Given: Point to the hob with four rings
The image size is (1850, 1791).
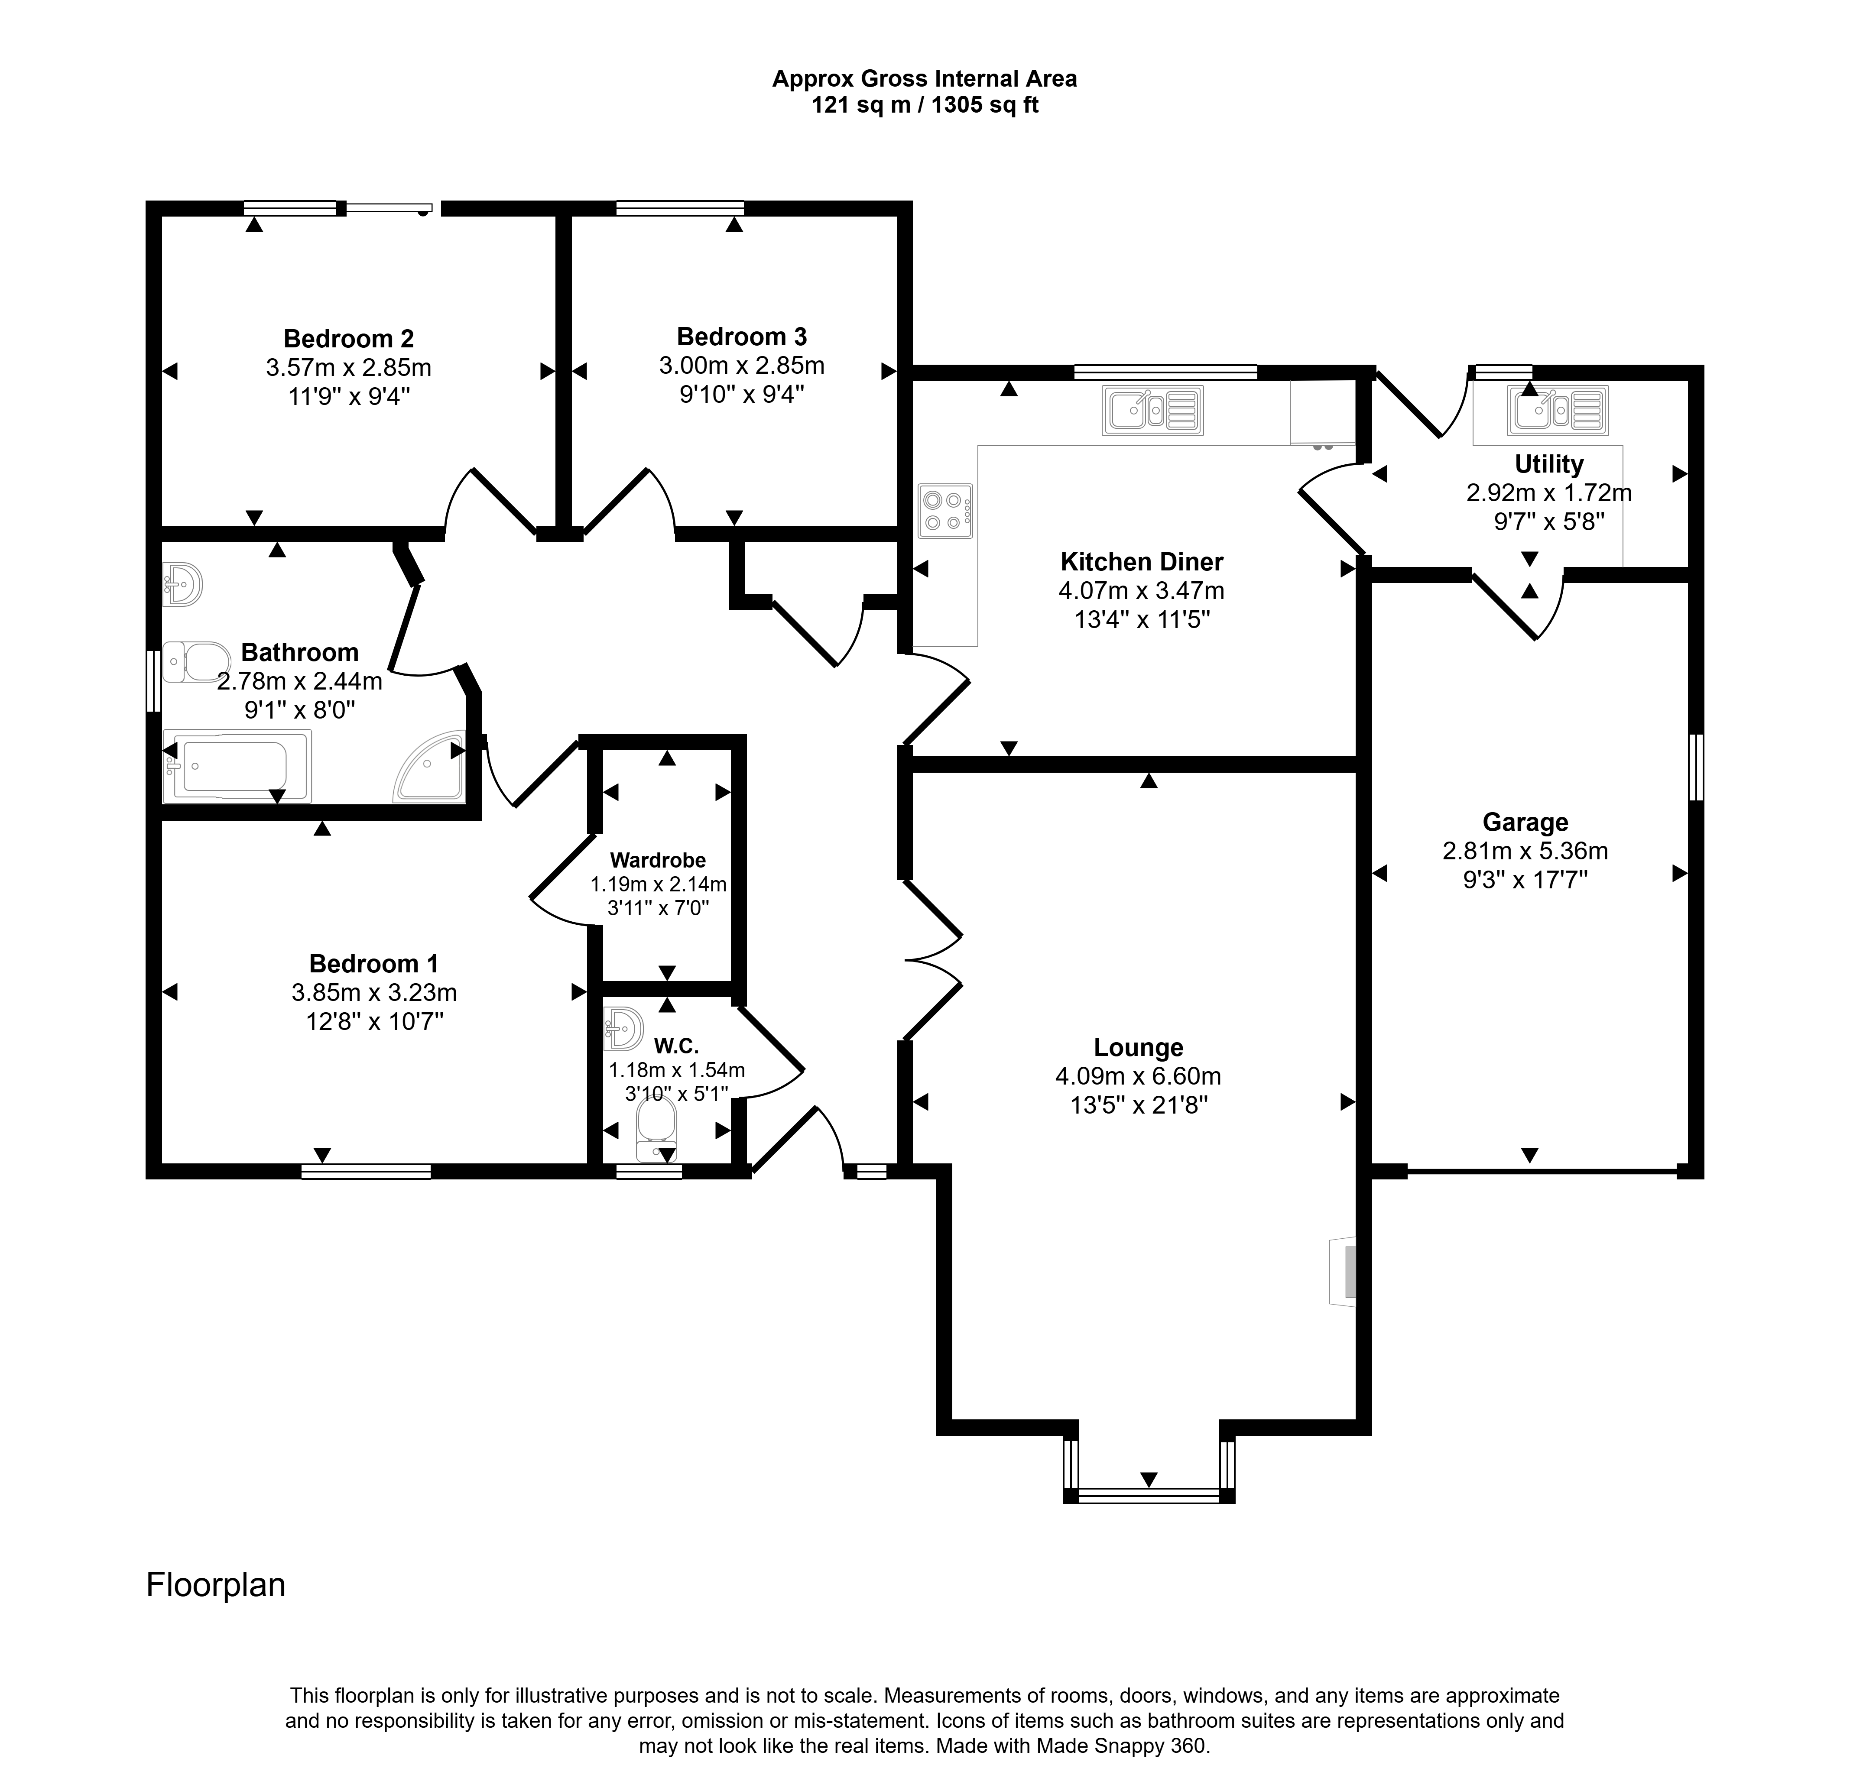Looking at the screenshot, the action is click(x=945, y=511).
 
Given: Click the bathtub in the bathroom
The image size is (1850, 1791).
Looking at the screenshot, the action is click(x=237, y=766).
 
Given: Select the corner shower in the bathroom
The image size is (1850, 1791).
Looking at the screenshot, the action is click(x=429, y=766).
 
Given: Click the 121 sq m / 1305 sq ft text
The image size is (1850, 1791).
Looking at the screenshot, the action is click(x=925, y=105).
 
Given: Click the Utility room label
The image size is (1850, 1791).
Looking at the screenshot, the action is click(x=1549, y=464).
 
